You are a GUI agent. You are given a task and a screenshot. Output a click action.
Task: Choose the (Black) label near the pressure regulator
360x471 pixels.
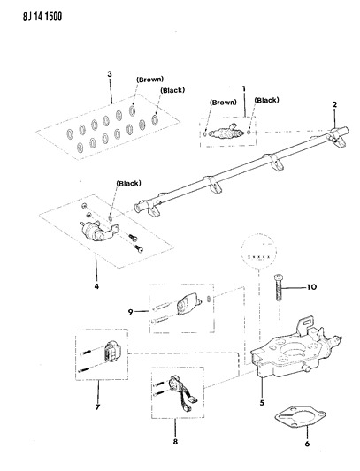pos(129,184)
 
